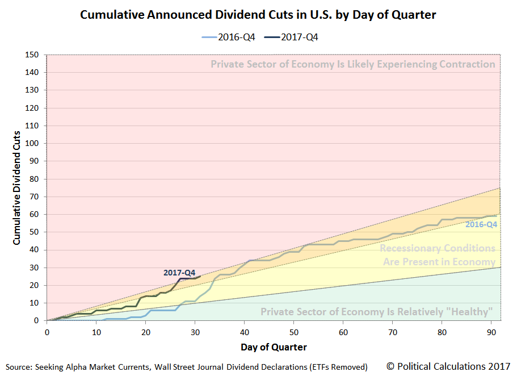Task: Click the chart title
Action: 258,15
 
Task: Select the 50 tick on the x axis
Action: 294,331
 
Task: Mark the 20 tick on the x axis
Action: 146,331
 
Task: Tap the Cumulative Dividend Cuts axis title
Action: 17,187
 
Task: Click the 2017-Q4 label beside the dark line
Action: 179,273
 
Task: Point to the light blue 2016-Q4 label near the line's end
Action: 481,224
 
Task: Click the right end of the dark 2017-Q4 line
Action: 200,276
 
